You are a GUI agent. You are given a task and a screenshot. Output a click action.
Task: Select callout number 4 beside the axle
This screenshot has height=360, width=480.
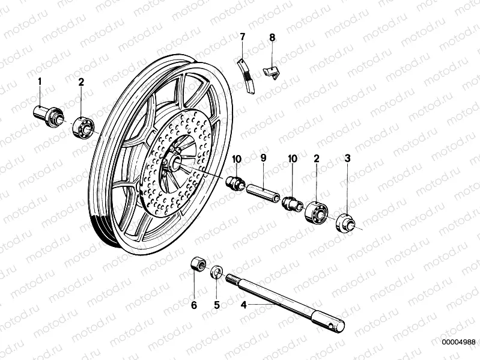(x=243, y=305)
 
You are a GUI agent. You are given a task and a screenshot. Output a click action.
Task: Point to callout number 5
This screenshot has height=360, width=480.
(x=217, y=305)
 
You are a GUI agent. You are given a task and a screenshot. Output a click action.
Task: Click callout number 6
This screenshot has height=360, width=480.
(x=193, y=305)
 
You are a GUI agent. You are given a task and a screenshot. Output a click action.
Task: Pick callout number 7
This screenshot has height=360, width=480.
(x=242, y=37)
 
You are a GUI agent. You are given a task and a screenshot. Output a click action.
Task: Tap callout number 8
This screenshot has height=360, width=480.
(x=272, y=37)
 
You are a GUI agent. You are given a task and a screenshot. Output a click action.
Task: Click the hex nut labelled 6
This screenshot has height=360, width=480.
(x=196, y=264)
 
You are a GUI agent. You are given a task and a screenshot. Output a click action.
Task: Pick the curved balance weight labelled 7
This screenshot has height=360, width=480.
(x=247, y=75)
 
